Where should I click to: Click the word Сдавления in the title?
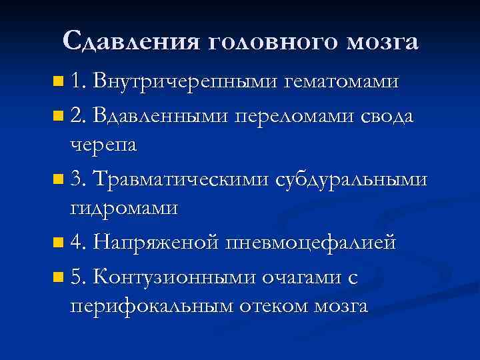(132, 41)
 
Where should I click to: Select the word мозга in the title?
(383, 43)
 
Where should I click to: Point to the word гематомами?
(342, 83)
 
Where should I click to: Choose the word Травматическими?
(180, 179)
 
